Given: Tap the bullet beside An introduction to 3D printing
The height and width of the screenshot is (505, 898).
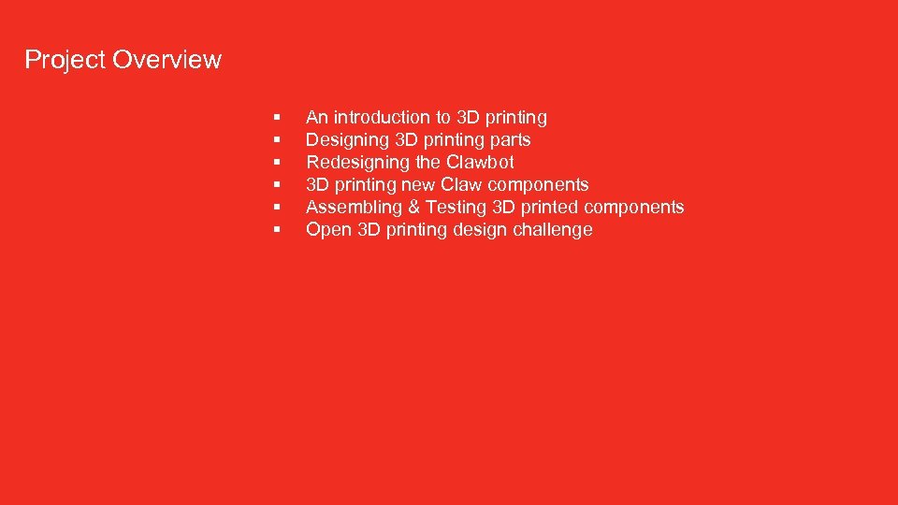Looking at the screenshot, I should tap(278, 118).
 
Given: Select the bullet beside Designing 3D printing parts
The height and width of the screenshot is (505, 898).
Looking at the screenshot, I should tap(278, 140).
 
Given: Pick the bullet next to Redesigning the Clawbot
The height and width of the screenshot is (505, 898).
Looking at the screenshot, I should tap(278, 163).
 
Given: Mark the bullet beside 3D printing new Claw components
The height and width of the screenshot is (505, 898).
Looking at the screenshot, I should tap(278, 185).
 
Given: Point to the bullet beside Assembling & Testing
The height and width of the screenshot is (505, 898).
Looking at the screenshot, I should tap(278, 208).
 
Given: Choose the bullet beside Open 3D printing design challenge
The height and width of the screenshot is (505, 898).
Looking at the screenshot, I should tap(278, 230).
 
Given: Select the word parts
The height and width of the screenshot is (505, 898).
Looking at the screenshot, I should tap(510, 140).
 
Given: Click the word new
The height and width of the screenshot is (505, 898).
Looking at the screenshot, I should tap(418, 185).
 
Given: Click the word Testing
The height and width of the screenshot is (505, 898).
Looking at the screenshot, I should tap(456, 208).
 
